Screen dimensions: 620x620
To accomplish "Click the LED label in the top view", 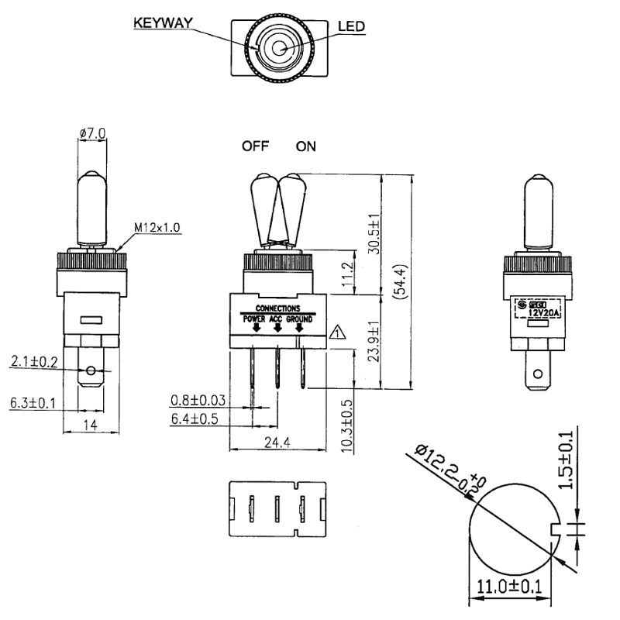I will coord(351,26).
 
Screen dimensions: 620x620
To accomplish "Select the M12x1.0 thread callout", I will coord(157,227).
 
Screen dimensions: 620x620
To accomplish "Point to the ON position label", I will coord(305,146).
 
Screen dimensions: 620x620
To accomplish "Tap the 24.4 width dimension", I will coord(277,443).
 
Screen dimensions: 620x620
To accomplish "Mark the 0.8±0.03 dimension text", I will coord(198,401).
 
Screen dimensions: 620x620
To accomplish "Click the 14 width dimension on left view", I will coord(91,425).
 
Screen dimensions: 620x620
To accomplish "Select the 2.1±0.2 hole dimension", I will coord(35,360).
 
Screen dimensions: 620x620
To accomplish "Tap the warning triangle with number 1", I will coord(337,334).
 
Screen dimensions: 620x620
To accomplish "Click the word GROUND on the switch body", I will coord(299,319).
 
